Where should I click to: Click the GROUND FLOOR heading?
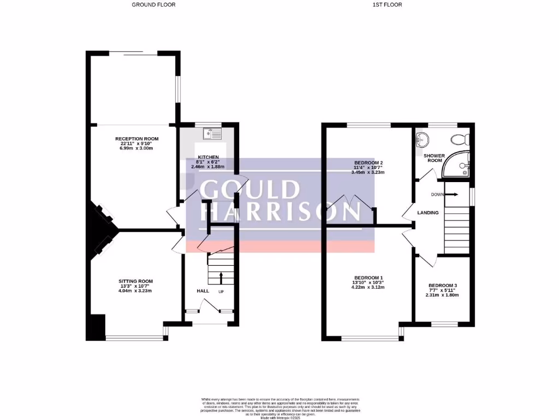point(153,4)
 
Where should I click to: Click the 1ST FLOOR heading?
point(387,4)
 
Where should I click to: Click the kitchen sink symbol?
point(211,133)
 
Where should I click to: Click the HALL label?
point(203,291)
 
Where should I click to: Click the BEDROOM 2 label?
point(368,162)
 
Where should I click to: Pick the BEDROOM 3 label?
point(442,285)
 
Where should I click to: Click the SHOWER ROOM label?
point(435,158)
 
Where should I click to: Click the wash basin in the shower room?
point(420,137)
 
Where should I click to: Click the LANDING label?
point(428,212)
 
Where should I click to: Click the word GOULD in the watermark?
point(250,189)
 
